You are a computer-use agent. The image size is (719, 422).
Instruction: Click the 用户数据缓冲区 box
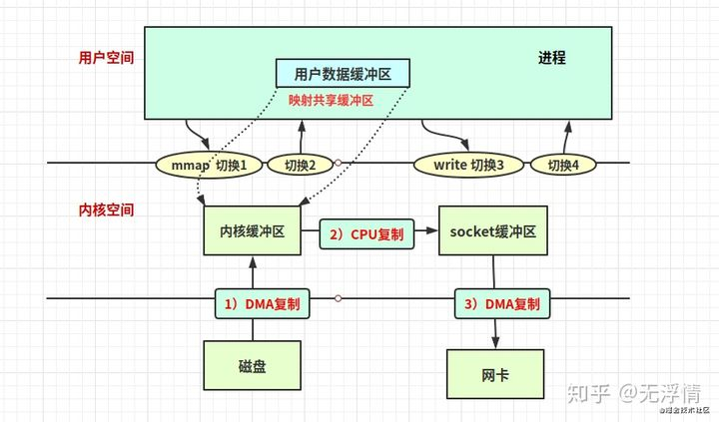click(343, 74)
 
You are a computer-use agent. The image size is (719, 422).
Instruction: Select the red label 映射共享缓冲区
click(331, 100)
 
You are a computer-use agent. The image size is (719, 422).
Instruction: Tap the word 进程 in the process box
click(552, 58)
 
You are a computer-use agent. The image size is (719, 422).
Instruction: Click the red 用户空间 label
click(107, 58)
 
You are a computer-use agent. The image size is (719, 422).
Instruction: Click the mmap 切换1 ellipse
click(209, 164)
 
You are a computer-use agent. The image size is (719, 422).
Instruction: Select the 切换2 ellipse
click(300, 164)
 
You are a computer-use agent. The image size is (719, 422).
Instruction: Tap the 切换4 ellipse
click(565, 164)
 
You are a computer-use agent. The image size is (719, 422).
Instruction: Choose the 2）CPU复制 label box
click(364, 235)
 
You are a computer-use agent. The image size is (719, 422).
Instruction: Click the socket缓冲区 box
click(493, 231)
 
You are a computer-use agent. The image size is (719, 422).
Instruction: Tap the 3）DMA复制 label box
click(501, 302)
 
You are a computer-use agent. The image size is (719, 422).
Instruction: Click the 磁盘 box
click(253, 366)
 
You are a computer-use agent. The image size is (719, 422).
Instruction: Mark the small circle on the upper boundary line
click(339, 163)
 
